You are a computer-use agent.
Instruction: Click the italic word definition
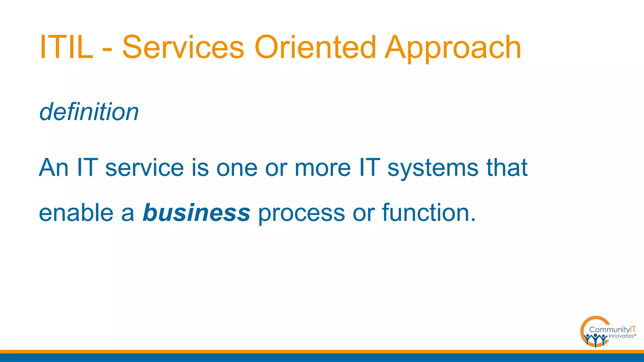click(x=89, y=112)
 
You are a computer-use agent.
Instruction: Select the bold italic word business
click(x=197, y=213)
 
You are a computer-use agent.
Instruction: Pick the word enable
click(x=76, y=213)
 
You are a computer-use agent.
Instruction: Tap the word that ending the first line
click(x=507, y=167)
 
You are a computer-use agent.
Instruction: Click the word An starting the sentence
click(x=54, y=167)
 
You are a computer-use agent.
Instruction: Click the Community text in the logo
click(x=609, y=330)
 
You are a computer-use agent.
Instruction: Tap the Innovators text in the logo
click(x=621, y=336)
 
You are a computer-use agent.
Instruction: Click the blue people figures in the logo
click(x=595, y=340)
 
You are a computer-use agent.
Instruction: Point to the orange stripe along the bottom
click(x=322, y=352)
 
